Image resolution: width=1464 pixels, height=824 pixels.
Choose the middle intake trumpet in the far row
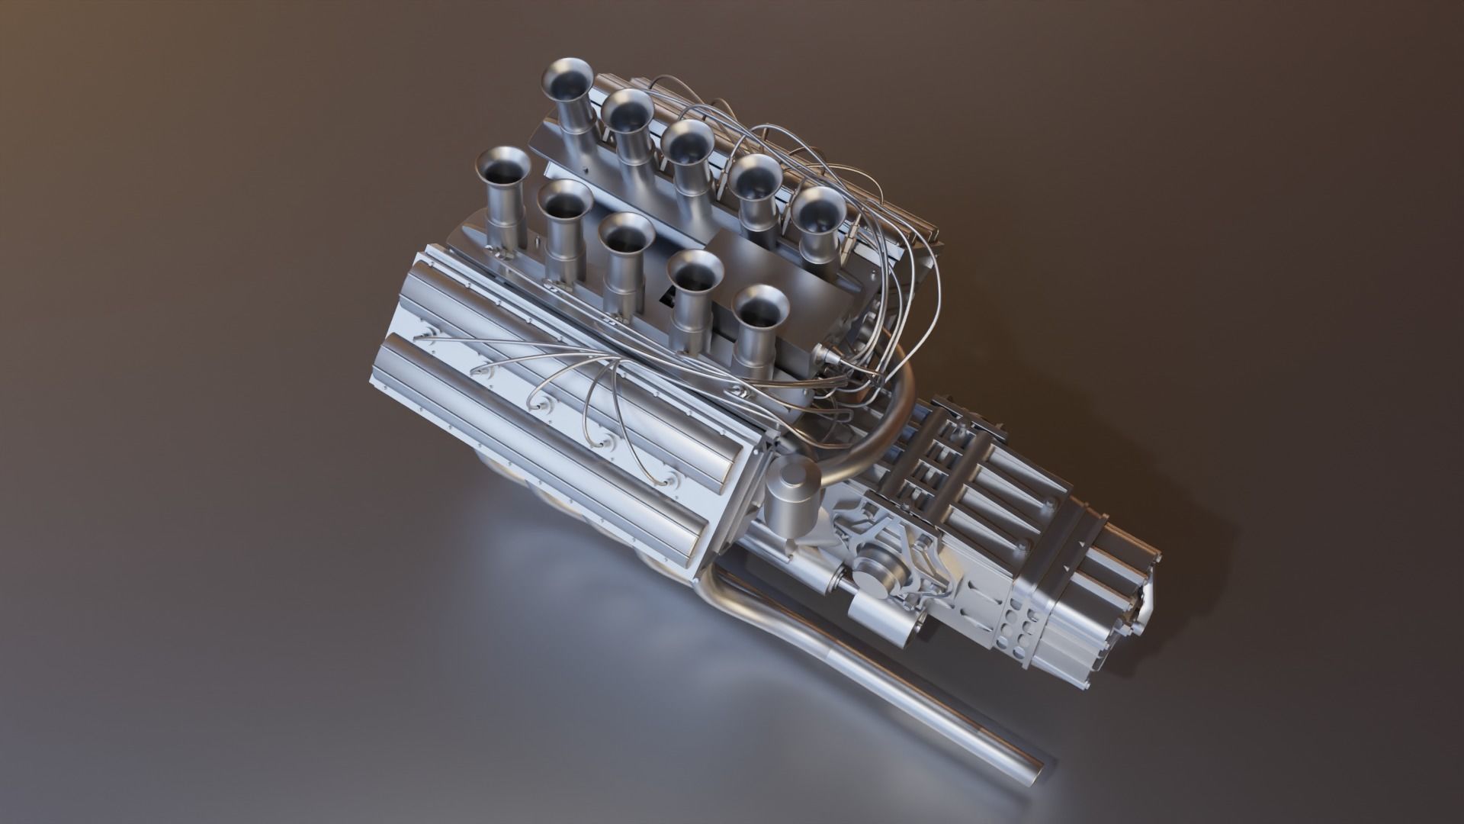coord(687,145)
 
